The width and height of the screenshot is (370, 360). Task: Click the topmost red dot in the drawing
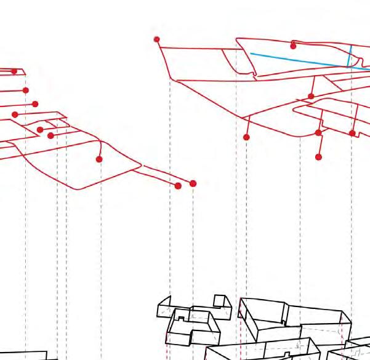(x=157, y=39)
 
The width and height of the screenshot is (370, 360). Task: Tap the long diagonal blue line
(x=296, y=60)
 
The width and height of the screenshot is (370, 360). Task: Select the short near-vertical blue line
(x=350, y=55)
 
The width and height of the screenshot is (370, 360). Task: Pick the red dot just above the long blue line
(x=293, y=46)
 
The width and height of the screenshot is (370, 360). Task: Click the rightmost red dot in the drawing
(x=352, y=133)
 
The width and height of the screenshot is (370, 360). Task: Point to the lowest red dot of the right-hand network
(x=318, y=157)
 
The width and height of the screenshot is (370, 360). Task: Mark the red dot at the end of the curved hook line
(x=99, y=159)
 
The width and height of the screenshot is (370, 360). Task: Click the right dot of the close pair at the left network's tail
(x=193, y=183)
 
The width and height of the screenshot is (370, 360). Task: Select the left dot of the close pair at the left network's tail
(x=179, y=186)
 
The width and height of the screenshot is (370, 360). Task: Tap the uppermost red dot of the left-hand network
(x=14, y=71)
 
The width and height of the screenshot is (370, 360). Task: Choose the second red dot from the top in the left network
(x=26, y=90)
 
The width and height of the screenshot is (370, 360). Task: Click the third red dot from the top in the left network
(x=35, y=104)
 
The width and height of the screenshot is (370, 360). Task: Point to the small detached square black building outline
(x=219, y=300)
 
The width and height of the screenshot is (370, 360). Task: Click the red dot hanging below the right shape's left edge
(x=246, y=137)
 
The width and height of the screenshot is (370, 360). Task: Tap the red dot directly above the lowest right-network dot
(x=318, y=132)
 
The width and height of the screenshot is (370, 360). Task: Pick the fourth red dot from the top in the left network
(x=15, y=114)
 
